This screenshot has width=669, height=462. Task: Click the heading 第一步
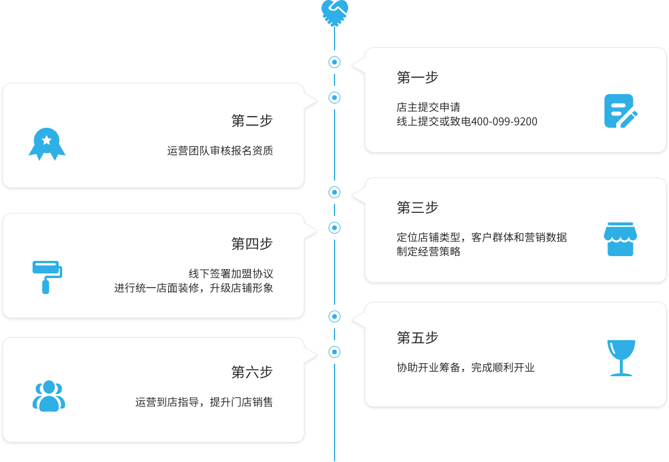(417, 77)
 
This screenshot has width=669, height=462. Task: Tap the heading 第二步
(252, 121)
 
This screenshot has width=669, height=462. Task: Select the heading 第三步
(417, 208)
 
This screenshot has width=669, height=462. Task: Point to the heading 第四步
(252, 244)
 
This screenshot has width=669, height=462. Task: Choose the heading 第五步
(417, 338)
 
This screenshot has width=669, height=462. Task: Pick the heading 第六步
(252, 373)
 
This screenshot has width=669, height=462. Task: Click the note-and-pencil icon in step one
(620, 111)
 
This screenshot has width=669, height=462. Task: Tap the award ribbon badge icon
(47, 144)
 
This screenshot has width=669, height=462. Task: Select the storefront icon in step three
(620, 240)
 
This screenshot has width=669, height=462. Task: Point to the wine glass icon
(621, 357)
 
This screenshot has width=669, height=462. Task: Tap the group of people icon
(49, 396)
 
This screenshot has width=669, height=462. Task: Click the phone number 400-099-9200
(504, 122)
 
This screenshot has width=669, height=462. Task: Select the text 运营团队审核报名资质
(220, 151)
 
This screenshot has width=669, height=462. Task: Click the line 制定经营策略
(428, 251)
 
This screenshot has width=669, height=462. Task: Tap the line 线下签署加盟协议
(230, 274)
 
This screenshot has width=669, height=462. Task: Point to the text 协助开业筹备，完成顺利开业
(465, 368)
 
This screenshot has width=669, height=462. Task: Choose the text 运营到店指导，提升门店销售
(204, 403)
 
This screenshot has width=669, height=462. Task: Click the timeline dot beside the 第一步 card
(335, 62)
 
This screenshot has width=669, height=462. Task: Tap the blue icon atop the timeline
(335, 12)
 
